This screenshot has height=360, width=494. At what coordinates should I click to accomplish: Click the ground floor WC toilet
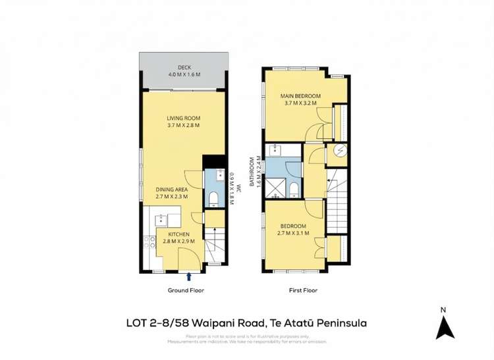pos(214,198)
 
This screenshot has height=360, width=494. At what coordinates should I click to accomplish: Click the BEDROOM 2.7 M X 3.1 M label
pos(293,229)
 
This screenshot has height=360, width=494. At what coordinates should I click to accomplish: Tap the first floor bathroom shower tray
pos(277,188)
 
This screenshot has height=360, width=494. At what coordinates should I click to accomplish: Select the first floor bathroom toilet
pos(294,190)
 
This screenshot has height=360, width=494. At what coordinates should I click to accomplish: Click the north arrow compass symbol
pos(445,325)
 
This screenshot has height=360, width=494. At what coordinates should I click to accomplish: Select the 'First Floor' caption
pos(304,290)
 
